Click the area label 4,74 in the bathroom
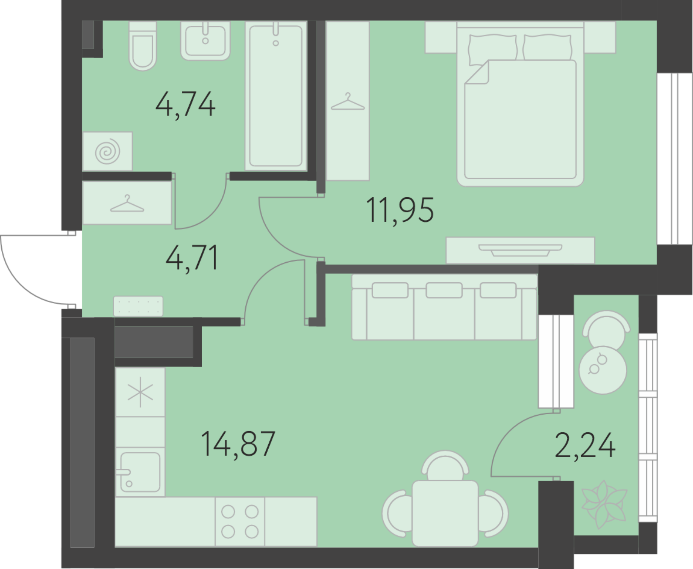point(185,104)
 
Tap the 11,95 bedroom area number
point(400,210)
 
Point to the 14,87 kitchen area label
point(238,443)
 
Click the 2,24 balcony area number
point(585,445)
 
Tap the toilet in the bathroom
point(142,46)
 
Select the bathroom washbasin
point(205,41)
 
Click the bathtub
point(276,96)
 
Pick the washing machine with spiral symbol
point(108,151)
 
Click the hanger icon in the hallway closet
point(127,204)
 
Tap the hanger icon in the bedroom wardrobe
point(348,102)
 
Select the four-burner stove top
point(240,522)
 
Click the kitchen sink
point(140,472)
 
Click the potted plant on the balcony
point(604,505)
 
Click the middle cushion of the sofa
point(444,290)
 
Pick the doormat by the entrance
point(138,306)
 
